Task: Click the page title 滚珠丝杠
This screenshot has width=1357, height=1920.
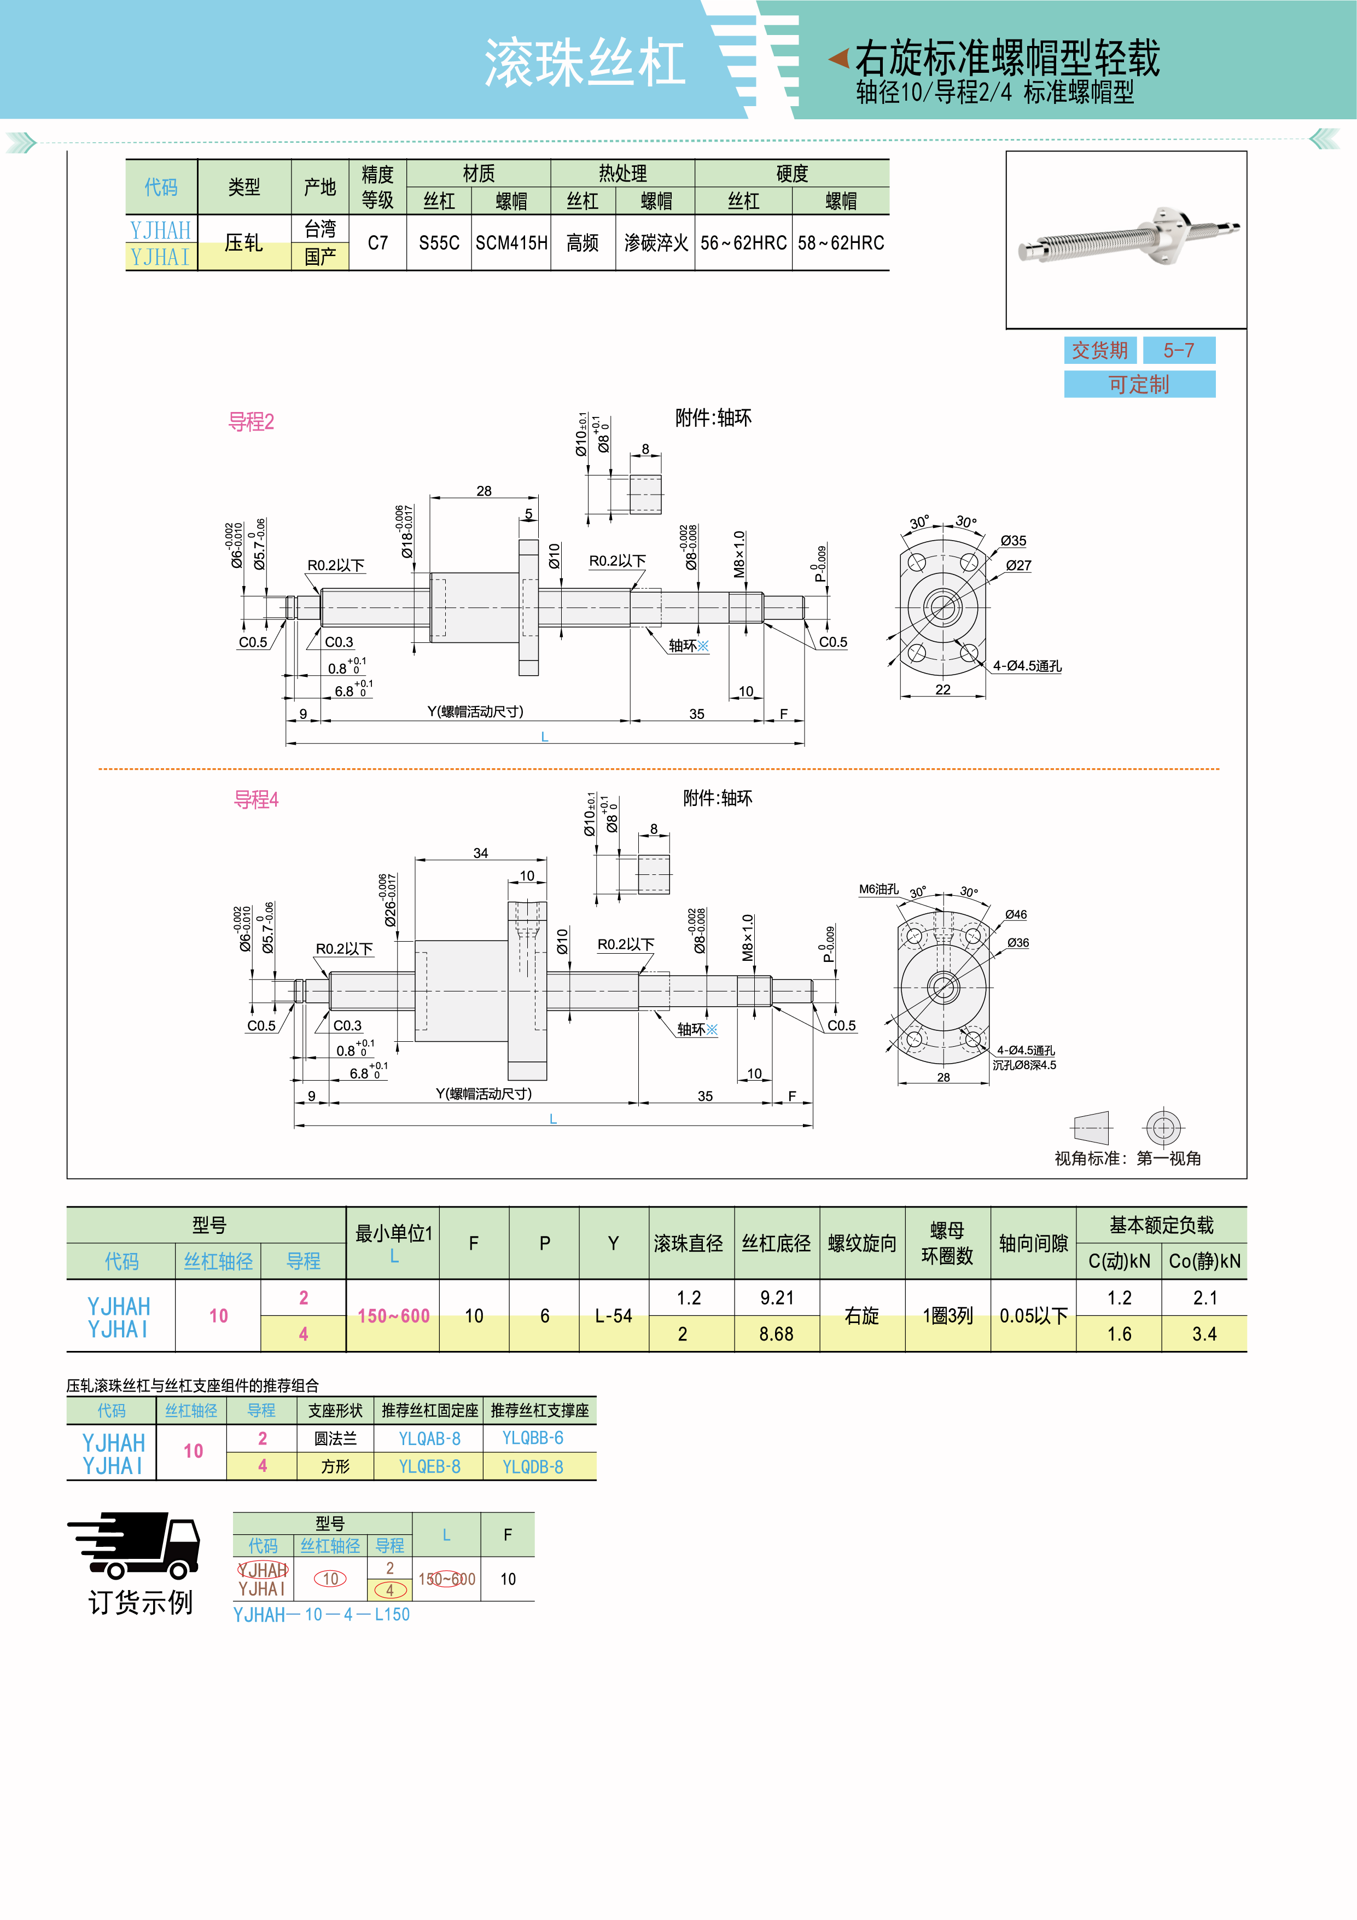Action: [585, 63]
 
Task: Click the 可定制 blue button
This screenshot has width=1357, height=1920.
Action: [1139, 385]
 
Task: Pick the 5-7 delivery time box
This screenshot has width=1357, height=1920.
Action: [1178, 350]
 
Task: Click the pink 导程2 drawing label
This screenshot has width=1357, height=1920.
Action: [251, 422]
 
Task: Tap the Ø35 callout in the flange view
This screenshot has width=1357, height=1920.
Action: [1014, 541]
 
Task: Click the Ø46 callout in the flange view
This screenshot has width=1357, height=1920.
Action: [1016, 915]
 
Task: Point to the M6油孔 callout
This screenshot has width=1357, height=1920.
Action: [879, 890]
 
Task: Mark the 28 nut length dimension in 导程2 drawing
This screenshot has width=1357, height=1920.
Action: [484, 491]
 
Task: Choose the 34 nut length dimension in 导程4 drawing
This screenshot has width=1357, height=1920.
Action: [481, 853]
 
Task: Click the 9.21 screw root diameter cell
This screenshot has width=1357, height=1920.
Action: [777, 1298]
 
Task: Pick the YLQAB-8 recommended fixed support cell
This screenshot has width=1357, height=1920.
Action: [429, 1439]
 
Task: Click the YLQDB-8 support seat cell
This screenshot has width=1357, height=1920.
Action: [533, 1467]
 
